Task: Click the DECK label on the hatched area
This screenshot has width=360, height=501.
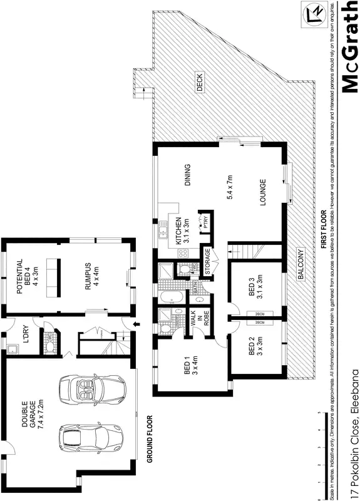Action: (200, 83)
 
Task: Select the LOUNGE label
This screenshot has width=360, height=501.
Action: (263, 192)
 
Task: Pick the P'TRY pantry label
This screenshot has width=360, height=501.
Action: (206, 224)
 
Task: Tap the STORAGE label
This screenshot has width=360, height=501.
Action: (207, 258)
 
